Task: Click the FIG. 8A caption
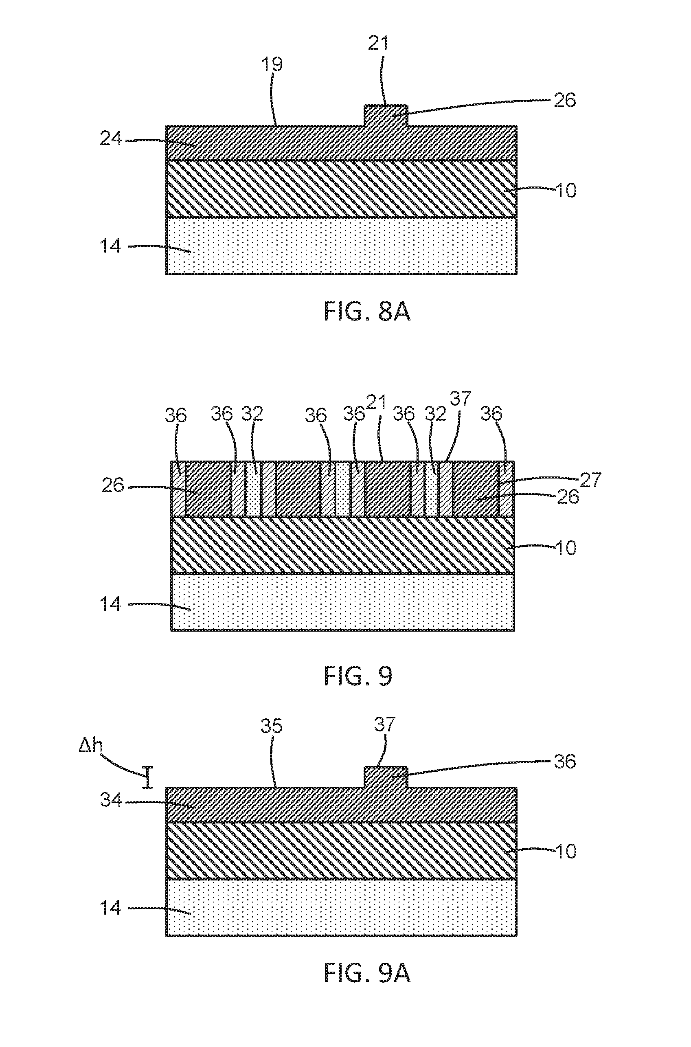click(367, 312)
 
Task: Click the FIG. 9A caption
click(367, 972)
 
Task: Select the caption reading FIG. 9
click(358, 676)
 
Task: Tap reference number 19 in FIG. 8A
click(272, 64)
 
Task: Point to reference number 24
click(111, 138)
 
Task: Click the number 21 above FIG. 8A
click(378, 43)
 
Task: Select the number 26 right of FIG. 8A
click(564, 100)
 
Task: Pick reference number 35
click(271, 726)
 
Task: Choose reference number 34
click(111, 799)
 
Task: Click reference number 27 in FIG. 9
click(590, 480)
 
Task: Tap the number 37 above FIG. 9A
click(385, 724)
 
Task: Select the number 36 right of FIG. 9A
click(564, 761)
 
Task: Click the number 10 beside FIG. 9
click(566, 548)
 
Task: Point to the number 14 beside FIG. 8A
click(110, 246)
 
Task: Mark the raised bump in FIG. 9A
click(386, 777)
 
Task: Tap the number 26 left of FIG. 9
click(113, 485)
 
